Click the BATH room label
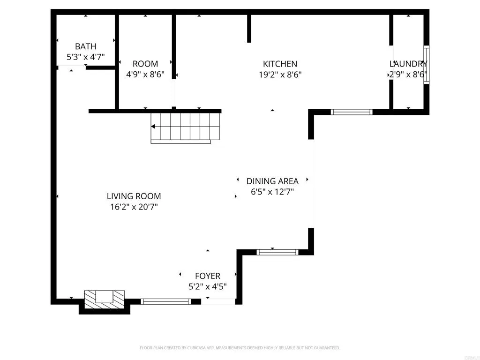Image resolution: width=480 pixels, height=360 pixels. coord(85,46)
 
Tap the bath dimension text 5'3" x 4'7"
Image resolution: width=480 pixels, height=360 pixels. coord(85,57)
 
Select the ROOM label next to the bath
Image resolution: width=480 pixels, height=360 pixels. coord(145,64)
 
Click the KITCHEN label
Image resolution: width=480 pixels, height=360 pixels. coord(280,64)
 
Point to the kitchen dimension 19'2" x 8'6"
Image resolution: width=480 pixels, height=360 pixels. coord(280,74)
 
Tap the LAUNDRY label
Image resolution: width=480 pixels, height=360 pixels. coord(408,64)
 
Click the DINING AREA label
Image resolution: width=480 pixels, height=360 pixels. coord(272,181)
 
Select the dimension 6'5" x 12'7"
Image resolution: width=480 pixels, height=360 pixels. coord(272,191)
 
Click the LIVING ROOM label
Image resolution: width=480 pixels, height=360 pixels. coord(134,196)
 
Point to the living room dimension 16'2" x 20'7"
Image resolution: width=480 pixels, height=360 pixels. coord(134,207)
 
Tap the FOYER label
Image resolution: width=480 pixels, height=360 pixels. coord(208,276)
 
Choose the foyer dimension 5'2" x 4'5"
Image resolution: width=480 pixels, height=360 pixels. coord(208,286)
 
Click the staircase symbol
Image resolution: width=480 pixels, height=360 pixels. coord(185,127)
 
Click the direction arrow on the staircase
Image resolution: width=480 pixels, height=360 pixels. coord(154,127)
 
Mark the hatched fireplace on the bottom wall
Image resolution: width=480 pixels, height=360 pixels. coord(105,300)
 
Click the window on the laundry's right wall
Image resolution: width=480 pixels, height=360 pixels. coord(426,65)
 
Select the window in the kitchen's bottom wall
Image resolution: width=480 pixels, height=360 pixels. coord(351,112)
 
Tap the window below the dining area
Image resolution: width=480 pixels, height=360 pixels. coord(277,252)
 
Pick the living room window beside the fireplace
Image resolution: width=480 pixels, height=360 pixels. coord(166,301)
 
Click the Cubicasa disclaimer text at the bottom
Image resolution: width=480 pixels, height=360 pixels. coord(240,348)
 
